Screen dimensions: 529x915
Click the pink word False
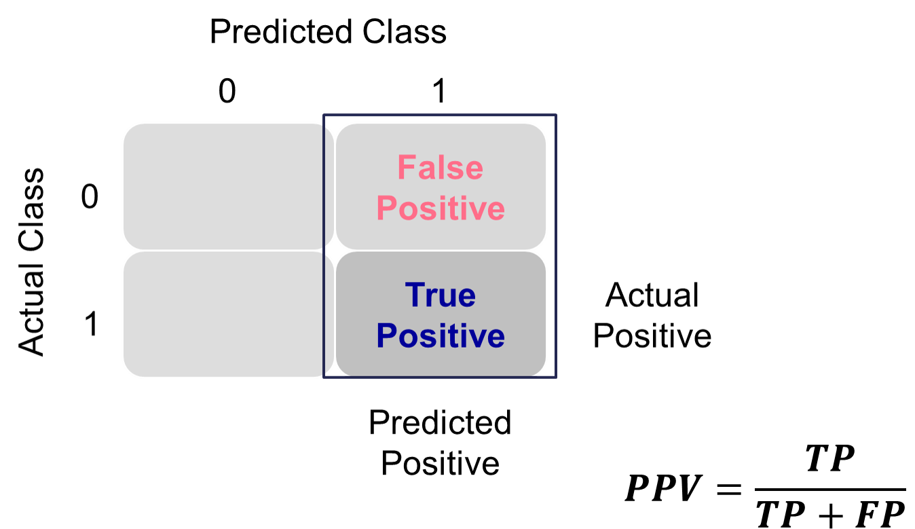(440, 168)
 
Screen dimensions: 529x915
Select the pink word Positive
(440, 208)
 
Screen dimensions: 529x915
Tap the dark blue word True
(440, 295)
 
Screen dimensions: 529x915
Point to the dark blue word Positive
(440, 336)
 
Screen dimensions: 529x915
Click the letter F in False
(406, 168)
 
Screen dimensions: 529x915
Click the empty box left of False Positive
(224, 186)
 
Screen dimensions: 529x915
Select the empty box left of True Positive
(224, 314)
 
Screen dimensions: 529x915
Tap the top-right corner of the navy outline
(555, 115)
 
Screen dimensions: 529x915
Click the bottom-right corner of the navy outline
(555, 377)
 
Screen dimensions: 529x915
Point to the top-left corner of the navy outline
(324, 115)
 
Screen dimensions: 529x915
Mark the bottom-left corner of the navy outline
(324, 377)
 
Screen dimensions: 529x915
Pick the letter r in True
(431, 297)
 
